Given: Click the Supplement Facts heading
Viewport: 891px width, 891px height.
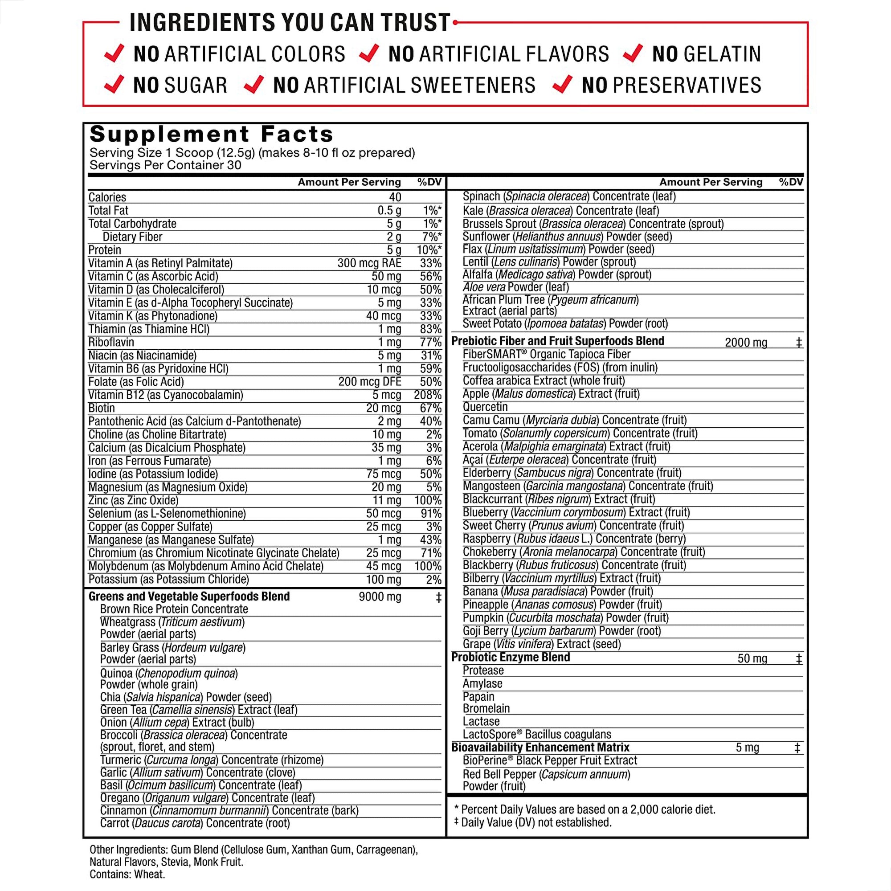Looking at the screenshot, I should click(211, 134).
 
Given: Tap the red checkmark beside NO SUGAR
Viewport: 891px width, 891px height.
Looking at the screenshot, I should click(114, 84).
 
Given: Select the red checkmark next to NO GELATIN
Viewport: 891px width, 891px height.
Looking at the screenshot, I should click(632, 53).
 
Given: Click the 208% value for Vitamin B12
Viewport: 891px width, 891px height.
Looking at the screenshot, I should click(427, 395).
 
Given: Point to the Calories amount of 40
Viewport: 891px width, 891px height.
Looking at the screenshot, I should click(395, 197).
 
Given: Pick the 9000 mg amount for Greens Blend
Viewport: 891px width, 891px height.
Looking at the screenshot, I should click(380, 597).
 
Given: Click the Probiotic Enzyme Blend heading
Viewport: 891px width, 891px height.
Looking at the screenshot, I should click(511, 657).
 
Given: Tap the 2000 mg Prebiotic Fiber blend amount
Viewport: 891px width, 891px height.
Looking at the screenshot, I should click(746, 343).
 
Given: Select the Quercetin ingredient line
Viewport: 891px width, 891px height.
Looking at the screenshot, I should click(485, 407).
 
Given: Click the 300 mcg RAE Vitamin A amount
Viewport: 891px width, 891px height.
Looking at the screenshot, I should click(369, 263).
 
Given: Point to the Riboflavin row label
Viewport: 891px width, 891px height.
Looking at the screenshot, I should click(111, 342).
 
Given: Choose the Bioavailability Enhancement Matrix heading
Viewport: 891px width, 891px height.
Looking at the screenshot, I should click(540, 747).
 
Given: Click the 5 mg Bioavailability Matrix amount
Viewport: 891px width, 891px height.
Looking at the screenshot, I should click(747, 748).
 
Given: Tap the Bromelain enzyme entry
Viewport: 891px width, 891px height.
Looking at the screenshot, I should click(486, 708).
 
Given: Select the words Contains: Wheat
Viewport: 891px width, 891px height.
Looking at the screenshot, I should click(127, 874).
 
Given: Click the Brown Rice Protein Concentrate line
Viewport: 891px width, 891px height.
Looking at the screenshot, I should click(174, 609).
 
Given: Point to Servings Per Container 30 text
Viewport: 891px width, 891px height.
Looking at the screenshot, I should click(165, 165).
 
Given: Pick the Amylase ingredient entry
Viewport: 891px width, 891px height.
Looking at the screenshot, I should click(482, 683).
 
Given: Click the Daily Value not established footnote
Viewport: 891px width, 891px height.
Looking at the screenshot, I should click(535, 822).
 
